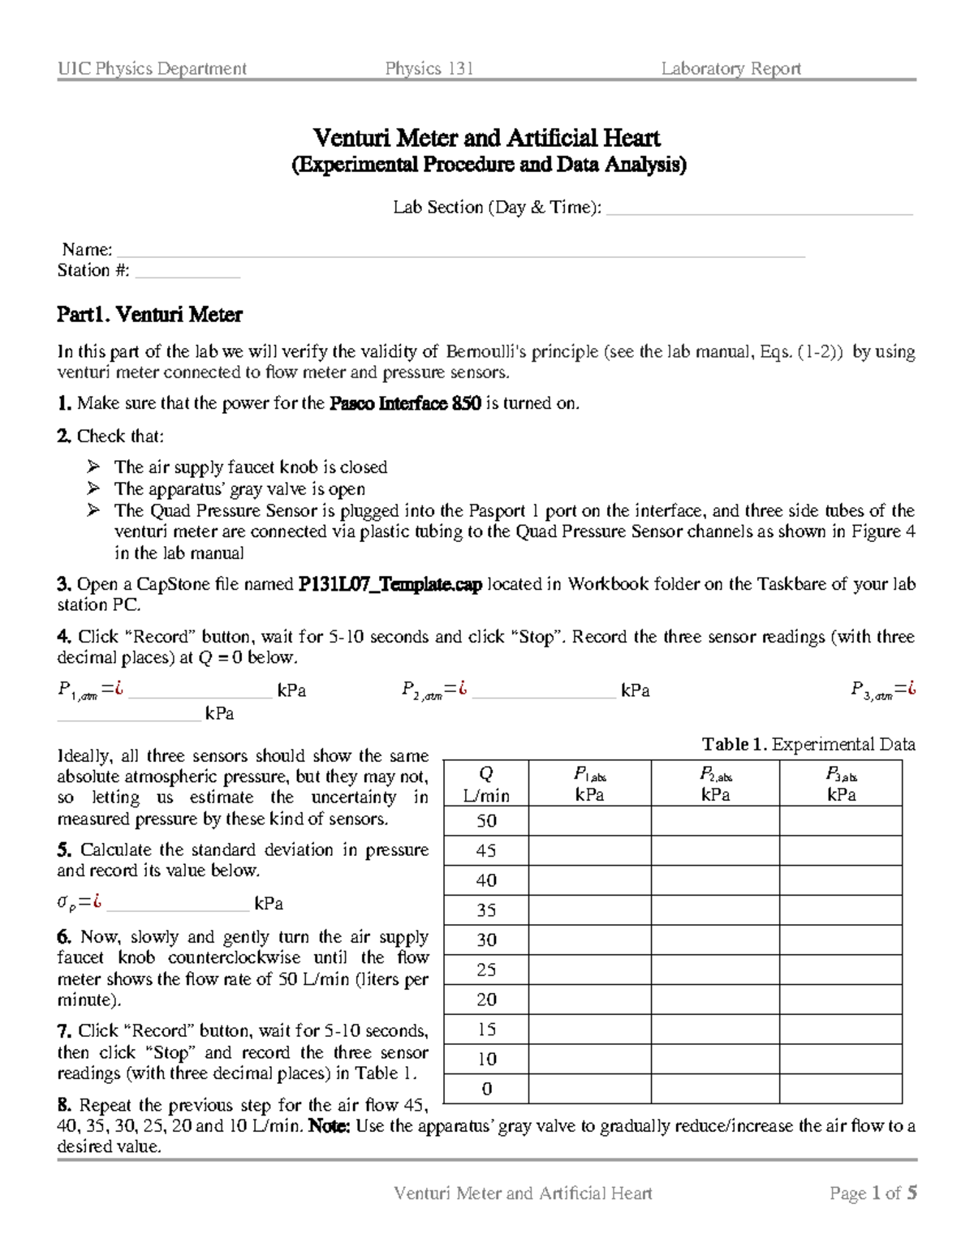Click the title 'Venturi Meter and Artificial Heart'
(487, 138)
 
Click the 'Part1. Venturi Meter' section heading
(149, 314)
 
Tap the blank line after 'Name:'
(460, 252)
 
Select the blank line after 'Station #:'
(187, 273)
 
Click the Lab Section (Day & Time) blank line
(760, 210)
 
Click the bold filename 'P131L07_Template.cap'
(390, 584)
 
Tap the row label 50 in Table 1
(486, 821)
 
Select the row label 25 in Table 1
(486, 970)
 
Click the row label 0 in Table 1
(486, 1089)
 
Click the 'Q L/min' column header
(486, 785)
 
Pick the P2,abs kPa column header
(715, 785)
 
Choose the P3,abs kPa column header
(841, 785)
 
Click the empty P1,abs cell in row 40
(589, 880)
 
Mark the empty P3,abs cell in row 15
(841, 1030)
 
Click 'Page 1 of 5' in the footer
(873, 1193)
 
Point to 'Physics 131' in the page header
(429, 69)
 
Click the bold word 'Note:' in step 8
(330, 1126)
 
